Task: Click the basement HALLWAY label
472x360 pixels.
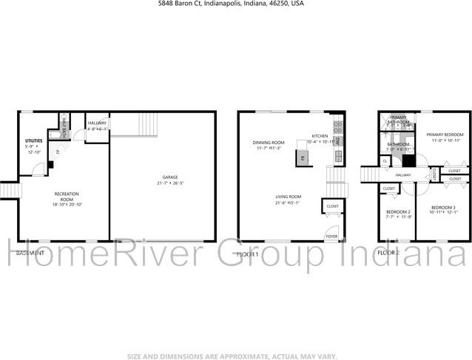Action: tap(97, 123)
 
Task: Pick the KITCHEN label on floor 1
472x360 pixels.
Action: tap(319, 136)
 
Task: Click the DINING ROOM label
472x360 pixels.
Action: tap(269, 143)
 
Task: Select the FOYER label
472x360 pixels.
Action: tap(331, 237)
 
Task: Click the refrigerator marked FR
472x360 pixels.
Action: tap(302, 157)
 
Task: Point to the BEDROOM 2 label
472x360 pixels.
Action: tap(398, 213)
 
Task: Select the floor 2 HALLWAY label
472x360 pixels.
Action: tap(403, 175)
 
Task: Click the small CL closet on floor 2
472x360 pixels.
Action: tap(385, 160)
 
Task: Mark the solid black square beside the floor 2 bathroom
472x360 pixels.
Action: tap(407, 162)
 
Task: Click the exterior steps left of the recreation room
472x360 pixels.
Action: tap(8, 190)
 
